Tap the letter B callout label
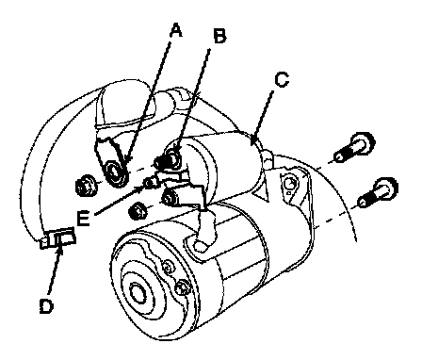219,36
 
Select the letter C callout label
282,79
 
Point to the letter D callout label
47,305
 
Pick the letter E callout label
84,219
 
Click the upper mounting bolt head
363,143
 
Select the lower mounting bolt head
385,189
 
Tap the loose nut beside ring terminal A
86,186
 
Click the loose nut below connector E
138,211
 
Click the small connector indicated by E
152,182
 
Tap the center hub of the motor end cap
138,293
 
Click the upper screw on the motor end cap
168,267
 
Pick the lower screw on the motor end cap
182,286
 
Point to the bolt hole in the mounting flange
289,184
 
